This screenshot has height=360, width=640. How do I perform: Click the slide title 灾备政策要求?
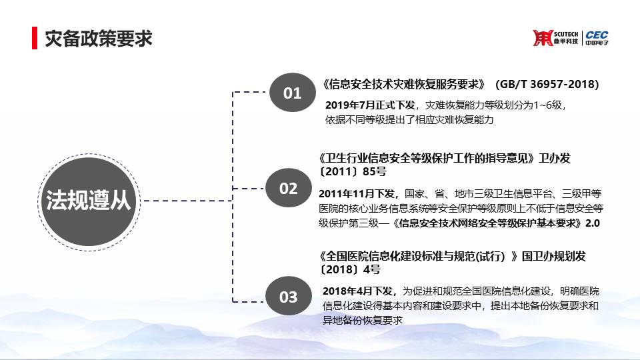(x=99, y=39)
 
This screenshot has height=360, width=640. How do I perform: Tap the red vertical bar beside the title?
(x=35, y=38)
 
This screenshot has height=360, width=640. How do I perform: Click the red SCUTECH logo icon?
(x=543, y=38)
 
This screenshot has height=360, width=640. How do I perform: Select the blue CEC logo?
(x=597, y=37)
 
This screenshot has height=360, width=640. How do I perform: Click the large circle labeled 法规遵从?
(x=89, y=201)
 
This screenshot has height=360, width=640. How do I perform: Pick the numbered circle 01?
(x=292, y=93)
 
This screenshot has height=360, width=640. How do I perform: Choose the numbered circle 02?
(x=288, y=188)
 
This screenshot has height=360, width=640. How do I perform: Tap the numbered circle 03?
(x=288, y=296)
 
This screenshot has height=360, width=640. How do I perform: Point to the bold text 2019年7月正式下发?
(x=370, y=105)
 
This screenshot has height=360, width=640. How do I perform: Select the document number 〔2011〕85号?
(x=352, y=171)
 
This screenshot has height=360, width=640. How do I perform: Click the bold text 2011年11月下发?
(x=356, y=193)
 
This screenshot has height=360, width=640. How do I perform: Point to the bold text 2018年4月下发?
(x=357, y=291)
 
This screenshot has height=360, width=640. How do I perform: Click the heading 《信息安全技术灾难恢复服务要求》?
(x=403, y=84)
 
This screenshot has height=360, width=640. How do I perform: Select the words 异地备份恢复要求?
(x=363, y=321)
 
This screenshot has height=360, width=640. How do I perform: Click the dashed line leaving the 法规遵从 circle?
(x=187, y=201)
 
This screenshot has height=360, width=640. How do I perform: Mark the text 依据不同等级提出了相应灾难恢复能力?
(x=409, y=120)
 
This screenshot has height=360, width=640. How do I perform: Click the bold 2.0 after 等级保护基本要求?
(x=592, y=223)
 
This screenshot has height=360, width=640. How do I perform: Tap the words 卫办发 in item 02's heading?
(x=554, y=158)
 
